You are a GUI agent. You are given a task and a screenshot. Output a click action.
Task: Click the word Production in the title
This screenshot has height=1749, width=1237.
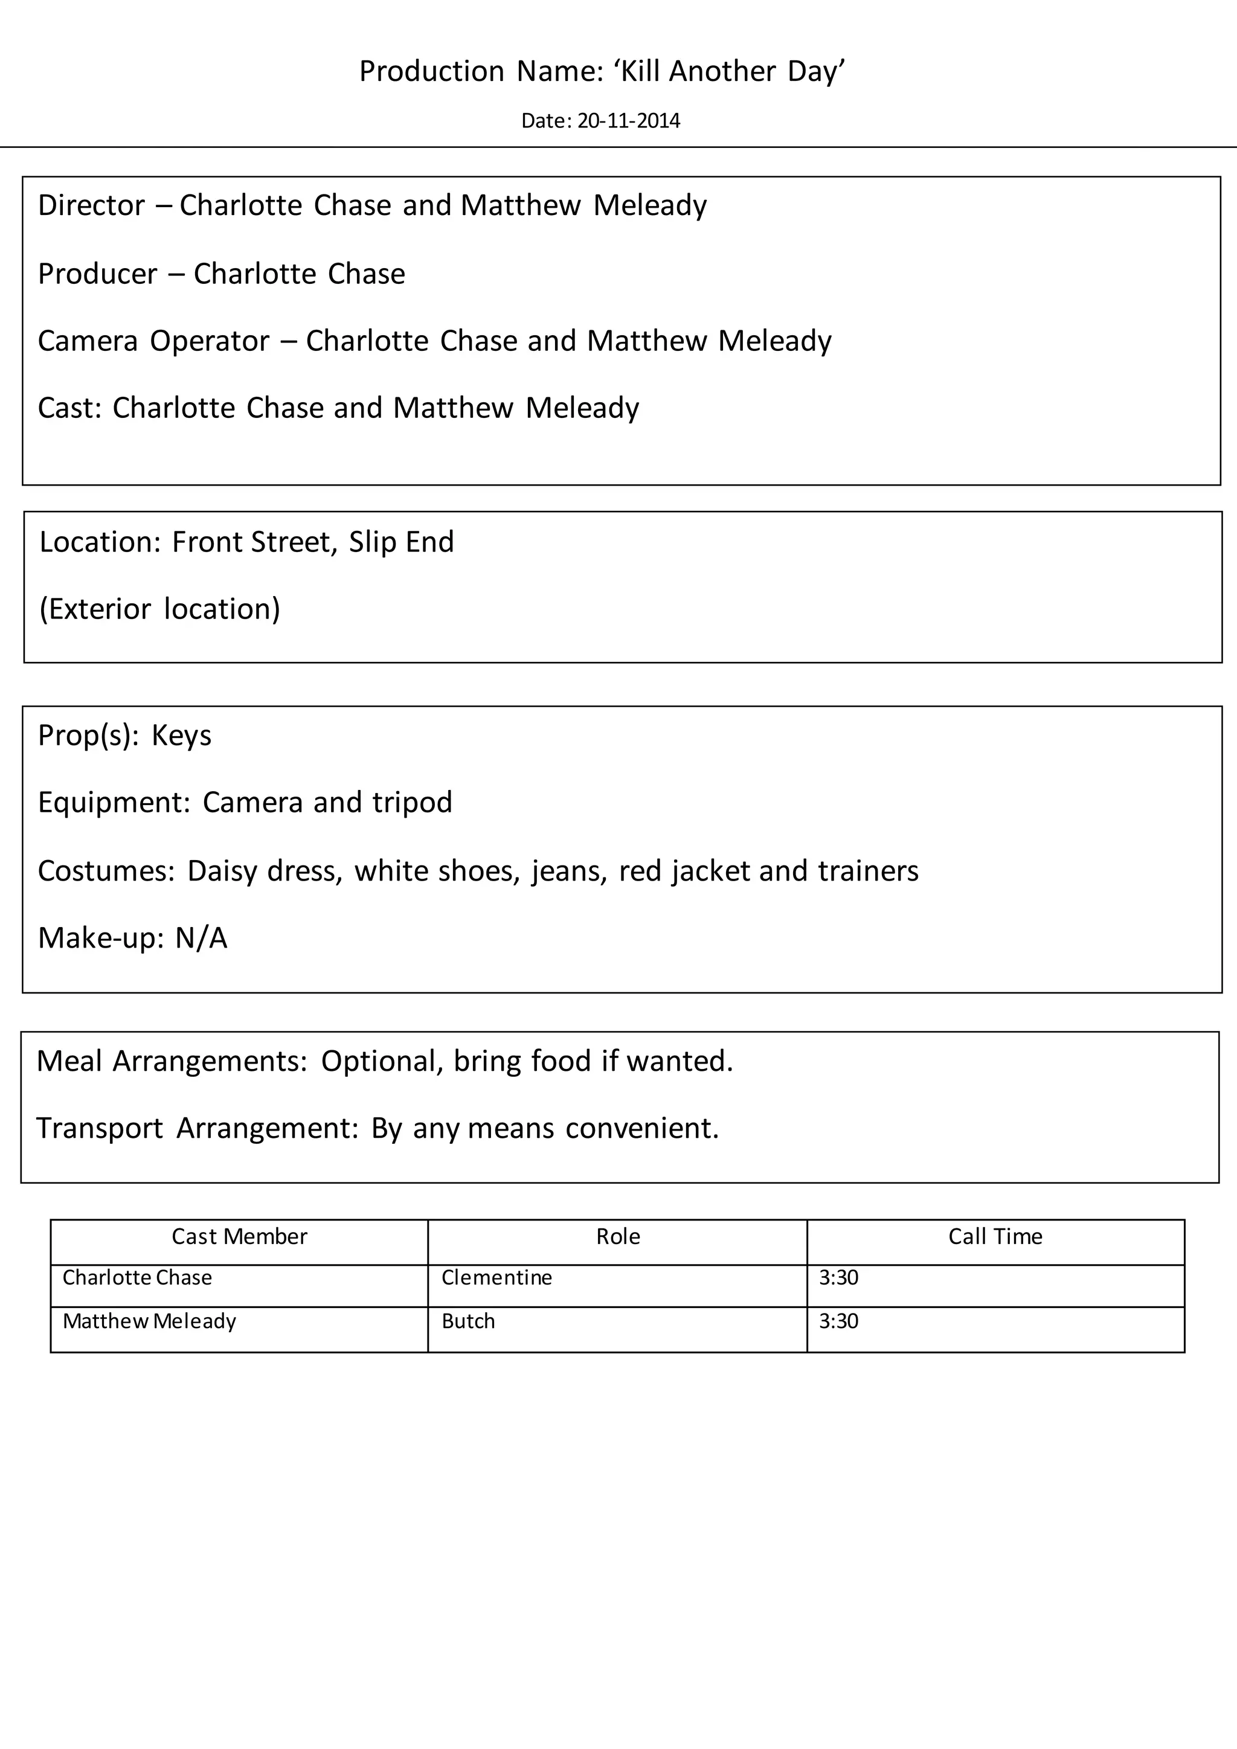(x=432, y=72)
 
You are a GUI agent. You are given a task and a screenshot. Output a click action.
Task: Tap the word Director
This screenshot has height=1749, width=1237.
(x=91, y=206)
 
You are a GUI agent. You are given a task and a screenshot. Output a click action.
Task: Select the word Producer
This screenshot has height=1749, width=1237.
(x=97, y=274)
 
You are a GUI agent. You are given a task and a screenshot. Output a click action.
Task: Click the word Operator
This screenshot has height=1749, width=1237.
(x=210, y=341)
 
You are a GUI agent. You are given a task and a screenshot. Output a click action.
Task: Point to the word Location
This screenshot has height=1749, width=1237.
(x=100, y=542)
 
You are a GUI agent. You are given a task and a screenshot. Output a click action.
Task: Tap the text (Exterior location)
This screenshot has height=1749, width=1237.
(x=160, y=609)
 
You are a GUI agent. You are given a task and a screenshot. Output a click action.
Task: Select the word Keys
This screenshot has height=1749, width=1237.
(x=181, y=736)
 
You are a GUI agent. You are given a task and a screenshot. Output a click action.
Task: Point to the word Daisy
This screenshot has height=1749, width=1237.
(x=222, y=871)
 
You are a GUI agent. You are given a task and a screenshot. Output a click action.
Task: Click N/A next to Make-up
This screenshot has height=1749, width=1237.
(x=201, y=939)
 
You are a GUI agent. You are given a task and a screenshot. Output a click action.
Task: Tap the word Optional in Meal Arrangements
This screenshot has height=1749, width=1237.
(x=382, y=1061)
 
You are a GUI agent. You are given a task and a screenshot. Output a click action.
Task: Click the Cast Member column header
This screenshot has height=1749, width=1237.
(x=239, y=1236)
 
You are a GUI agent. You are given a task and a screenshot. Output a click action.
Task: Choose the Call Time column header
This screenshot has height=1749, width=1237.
(x=995, y=1236)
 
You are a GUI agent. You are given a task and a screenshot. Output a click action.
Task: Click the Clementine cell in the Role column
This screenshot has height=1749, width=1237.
(x=496, y=1277)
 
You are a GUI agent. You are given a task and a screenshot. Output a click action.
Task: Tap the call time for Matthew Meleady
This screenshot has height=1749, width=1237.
(x=838, y=1321)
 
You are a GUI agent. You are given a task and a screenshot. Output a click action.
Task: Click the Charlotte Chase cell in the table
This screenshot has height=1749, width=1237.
(x=137, y=1277)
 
